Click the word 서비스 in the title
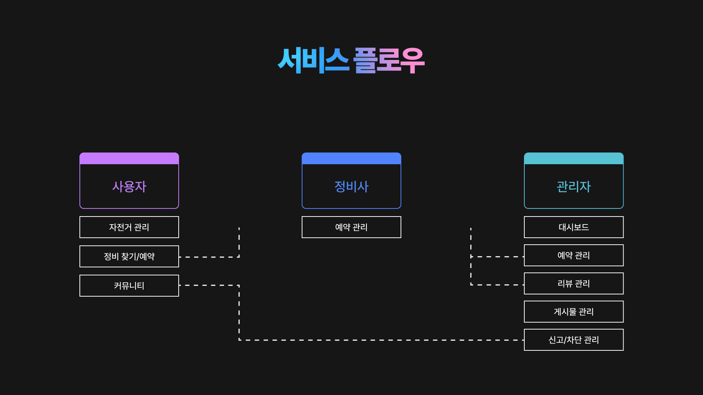[x=313, y=60]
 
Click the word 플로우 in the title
[x=389, y=60]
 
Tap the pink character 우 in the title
[x=412, y=60]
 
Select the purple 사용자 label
[x=129, y=187]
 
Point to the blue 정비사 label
[x=351, y=187]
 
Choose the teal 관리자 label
[x=574, y=187]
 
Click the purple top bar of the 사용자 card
[x=129, y=158]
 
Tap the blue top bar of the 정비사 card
[x=351, y=158]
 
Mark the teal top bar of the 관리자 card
[x=574, y=158]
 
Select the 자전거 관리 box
[x=129, y=227]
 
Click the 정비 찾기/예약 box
[x=129, y=256]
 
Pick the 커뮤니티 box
[x=129, y=286]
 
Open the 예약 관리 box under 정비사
[x=351, y=227]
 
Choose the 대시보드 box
[x=574, y=227]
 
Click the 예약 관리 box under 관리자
[x=574, y=255]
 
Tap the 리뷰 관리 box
[x=574, y=283]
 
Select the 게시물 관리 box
[x=574, y=312]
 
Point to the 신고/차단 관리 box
[x=574, y=340]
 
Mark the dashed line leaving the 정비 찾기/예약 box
[x=209, y=257]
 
